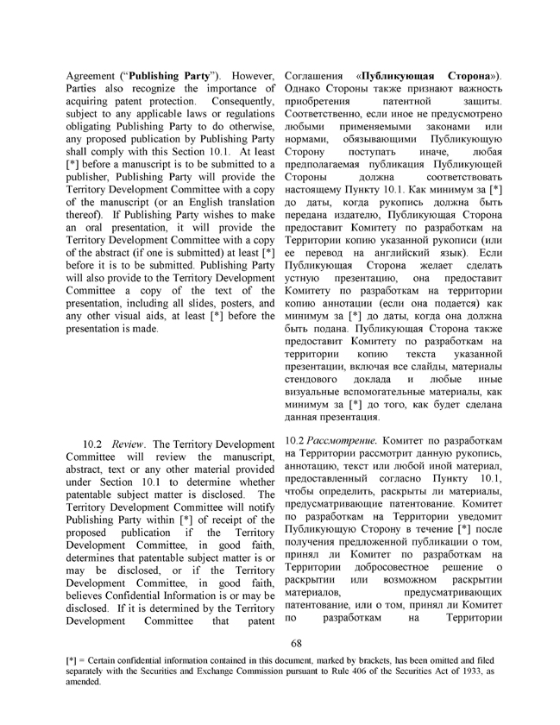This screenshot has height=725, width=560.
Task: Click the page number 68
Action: [295, 643]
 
